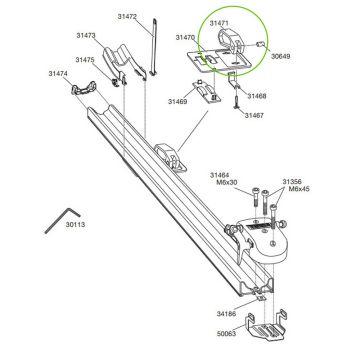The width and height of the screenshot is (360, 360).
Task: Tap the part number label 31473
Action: coord(84,36)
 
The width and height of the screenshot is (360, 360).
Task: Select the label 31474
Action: coord(58,73)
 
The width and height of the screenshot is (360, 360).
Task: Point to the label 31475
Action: coord(86,60)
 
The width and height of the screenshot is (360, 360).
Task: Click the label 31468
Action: coord(257,96)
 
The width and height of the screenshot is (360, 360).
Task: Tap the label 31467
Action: coord(257,115)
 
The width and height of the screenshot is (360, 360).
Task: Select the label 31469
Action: coord(178,101)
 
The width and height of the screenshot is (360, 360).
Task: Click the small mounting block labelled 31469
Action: coord(208,94)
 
